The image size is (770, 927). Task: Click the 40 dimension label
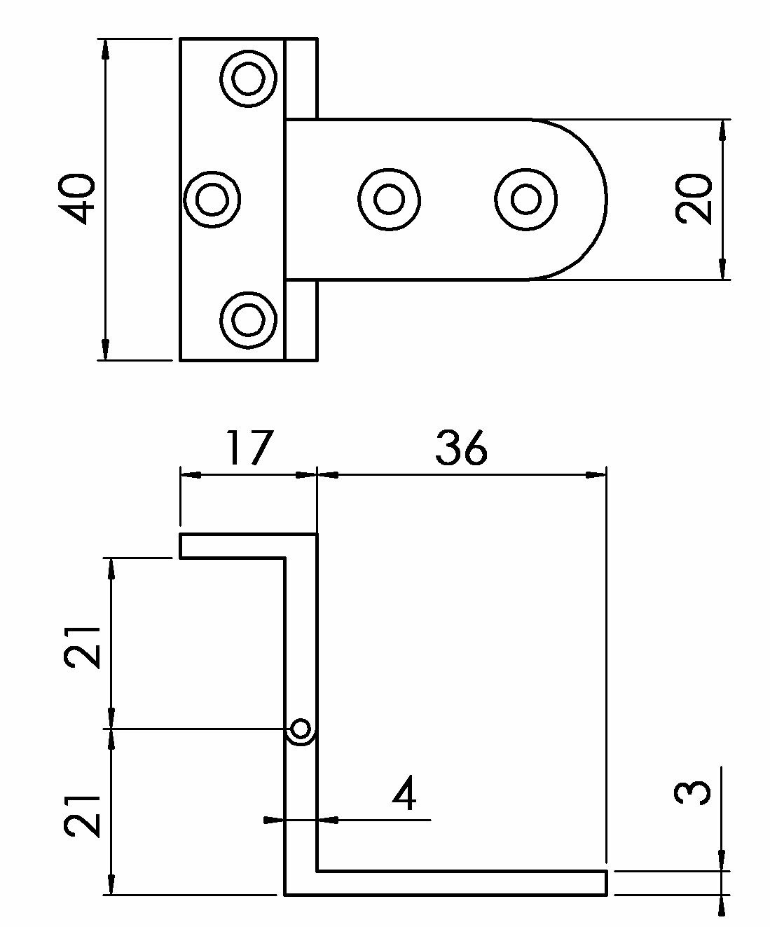[x=76, y=199]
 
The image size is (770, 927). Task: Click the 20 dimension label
[x=693, y=198]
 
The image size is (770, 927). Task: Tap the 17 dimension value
[x=249, y=447]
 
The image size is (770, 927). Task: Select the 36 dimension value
[x=461, y=448]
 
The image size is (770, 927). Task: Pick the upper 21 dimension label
[x=82, y=647]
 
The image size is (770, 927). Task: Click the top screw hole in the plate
[x=248, y=78]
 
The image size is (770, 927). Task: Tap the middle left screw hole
[x=212, y=199]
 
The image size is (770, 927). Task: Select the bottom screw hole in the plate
[x=248, y=320]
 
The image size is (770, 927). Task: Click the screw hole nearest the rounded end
[x=525, y=199]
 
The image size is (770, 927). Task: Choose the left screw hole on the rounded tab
[x=389, y=199]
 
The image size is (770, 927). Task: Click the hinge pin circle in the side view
[x=301, y=729]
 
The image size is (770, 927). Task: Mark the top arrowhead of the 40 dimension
[x=105, y=49]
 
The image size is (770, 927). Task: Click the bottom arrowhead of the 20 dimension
[x=722, y=269]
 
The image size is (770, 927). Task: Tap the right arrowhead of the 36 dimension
[x=596, y=475]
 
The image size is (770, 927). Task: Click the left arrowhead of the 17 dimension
[x=191, y=475]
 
